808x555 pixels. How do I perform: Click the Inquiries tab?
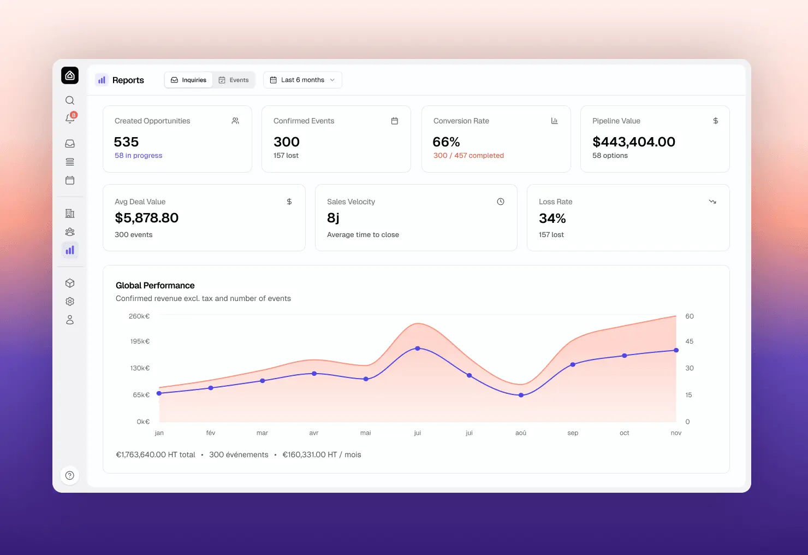tap(188, 80)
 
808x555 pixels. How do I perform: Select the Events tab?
tap(234, 80)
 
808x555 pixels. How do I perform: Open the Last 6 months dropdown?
tap(302, 80)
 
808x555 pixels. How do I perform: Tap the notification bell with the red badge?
tap(70, 117)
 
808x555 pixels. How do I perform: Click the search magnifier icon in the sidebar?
tap(70, 101)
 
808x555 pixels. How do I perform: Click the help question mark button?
tap(70, 475)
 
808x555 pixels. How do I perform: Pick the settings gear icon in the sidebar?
tap(70, 302)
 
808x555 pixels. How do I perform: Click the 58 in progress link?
tap(139, 156)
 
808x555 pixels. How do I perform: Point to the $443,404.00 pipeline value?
tap(634, 142)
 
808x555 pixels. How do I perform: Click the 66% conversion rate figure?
tap(446, 142)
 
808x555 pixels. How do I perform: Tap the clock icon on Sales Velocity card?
tap(500, 202)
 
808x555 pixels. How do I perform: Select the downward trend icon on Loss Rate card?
tap(712, 202)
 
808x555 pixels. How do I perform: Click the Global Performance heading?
tap(155, 286)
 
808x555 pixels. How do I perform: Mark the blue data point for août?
tap(521, 395)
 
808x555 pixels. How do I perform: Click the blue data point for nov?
tap(676, 350)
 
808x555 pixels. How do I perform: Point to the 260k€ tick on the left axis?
tap(139, 316)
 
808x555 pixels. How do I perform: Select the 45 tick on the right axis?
tap(690, 341)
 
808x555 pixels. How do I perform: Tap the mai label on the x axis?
tap(365, 433)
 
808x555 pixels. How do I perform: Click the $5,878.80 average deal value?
tap(146, 217)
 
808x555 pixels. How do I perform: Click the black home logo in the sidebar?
tap(70, 75)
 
